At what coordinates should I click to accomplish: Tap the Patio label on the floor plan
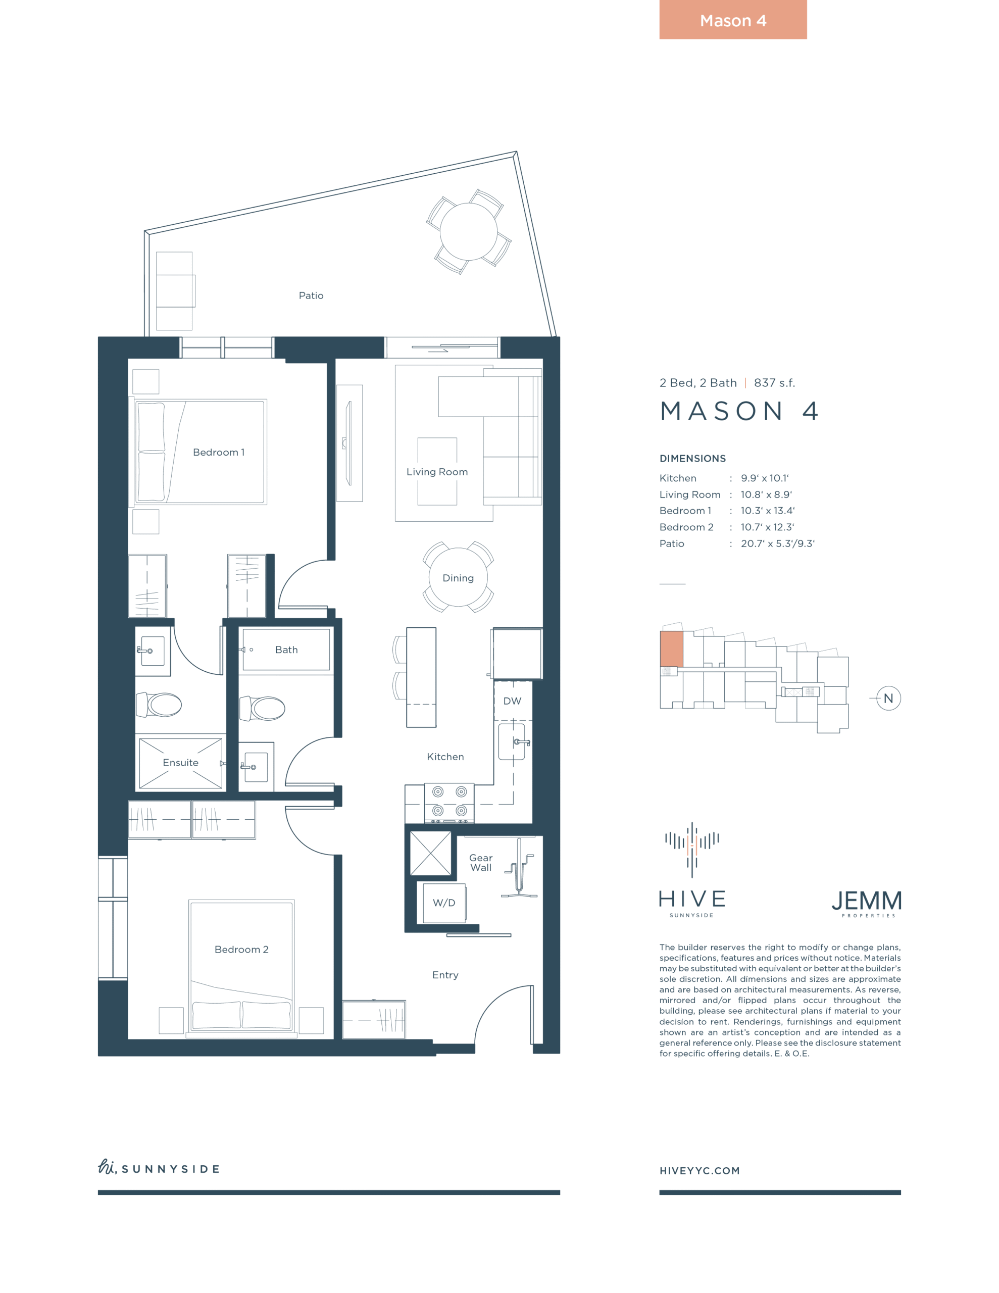[x=311, y=295]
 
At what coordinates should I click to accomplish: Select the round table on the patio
[x=468, y=231]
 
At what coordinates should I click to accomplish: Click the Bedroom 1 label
[x=219, y=453]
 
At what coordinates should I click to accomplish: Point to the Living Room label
[x=437, y=472]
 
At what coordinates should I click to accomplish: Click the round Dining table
[x=459, y=577]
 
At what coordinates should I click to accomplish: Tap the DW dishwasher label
[x=512, y=701]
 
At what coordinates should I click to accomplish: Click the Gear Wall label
[x=481, y=863]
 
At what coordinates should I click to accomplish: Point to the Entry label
[x=445, y=975]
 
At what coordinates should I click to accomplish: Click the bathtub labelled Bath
[x=286, y=650]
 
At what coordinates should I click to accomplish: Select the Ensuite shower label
[x=181, y=763]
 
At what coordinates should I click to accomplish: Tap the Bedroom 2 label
[x=241, y=950]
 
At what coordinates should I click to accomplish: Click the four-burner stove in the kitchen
[x=449, y=803]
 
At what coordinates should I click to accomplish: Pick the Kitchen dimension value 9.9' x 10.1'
[x=765, y=478]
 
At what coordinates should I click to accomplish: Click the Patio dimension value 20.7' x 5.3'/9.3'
[x=777, y=543]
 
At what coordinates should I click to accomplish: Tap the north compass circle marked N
[x=888, y=699]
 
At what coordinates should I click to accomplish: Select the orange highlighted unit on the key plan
[x=672, y=649]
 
